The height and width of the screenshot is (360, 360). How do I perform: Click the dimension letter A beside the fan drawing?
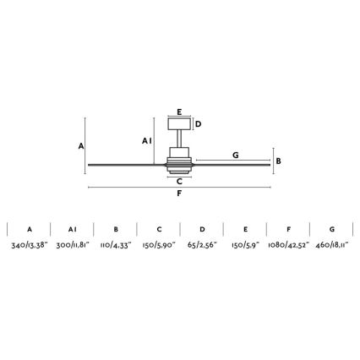tap(81, 146)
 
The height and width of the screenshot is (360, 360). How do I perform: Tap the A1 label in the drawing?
tap(147, 141)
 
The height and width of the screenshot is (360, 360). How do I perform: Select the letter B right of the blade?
tap(278, 161)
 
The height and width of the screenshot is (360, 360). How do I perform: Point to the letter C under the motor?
tap(179, 182)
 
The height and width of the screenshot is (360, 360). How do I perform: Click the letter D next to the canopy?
tap(199, 124)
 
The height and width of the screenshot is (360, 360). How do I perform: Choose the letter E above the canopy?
tap(179, 112)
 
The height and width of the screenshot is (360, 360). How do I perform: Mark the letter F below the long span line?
tap(179, 194)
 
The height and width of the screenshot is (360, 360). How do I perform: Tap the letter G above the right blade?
tap(236, 155)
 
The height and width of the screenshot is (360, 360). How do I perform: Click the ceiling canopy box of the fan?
tap(179, 124)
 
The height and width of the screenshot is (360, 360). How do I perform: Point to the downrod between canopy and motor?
tap(179, 139)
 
